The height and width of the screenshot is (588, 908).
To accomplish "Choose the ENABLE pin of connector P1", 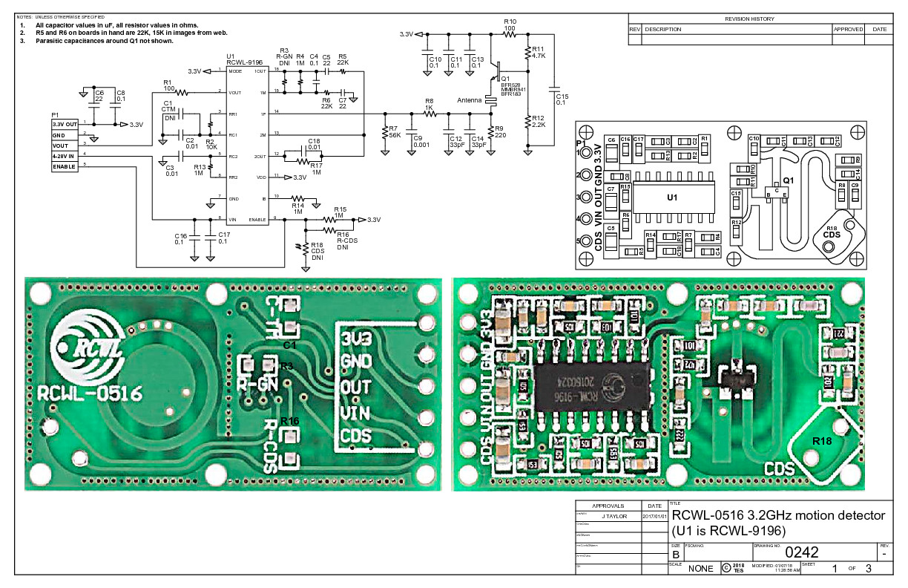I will click(x=64, y=166).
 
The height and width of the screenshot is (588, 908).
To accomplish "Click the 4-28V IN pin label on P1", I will click(x=65, y=156).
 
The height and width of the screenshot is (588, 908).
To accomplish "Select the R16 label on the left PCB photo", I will click(x=289, y=421).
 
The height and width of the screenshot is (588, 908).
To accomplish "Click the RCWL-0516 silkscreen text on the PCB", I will click(x=88, y=392).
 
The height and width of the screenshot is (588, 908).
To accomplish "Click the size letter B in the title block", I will click(x=676, y=554).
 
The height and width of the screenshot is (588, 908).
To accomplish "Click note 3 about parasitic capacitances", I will click(x=96, y=41).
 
